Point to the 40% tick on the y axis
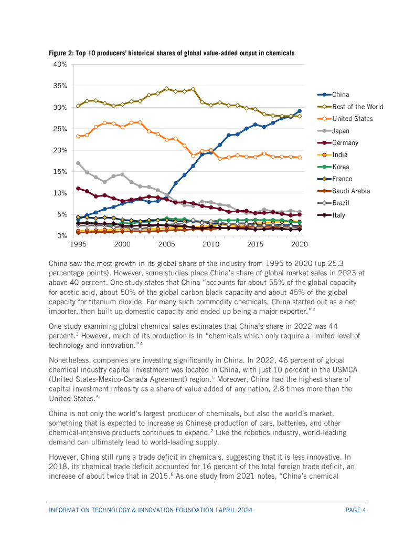pyautogui.click(x=60, y=64)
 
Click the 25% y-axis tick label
pyautogui.click(x=60, y=129)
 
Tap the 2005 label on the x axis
pyautogui.click(x=166, y=244)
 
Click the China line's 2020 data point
pyautogui.click(x=300, y=111)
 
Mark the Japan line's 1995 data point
pyautogui.click(x=78, y=163)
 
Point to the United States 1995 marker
pyautogui.click(x=78, y=136)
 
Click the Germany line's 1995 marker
pyautogui.click(x=78, y=188)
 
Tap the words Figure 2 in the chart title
pyautogui.click(x=60, y=53)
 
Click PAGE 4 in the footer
pyautogui.click(x=355, y=510)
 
